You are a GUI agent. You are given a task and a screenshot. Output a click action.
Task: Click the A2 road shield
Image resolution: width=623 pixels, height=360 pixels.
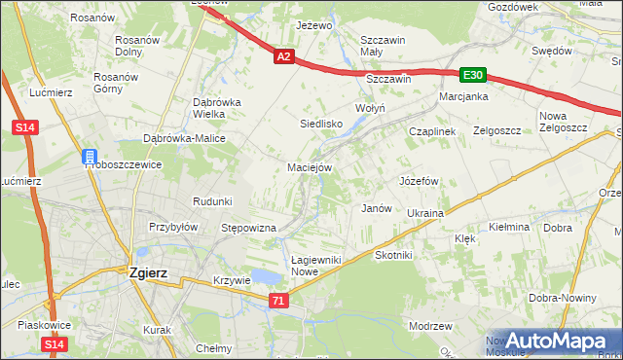[x=283, y=57]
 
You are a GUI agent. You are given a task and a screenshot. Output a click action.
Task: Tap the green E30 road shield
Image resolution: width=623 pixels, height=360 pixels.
[x=473, y=75]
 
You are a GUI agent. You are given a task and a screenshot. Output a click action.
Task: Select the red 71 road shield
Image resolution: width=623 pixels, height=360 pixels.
[x=279, y=302]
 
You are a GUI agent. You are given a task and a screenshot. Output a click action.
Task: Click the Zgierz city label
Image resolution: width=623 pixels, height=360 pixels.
[x=148, y=273]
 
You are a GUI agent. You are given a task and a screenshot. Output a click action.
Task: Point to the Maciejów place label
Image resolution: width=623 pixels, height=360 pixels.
[x=311, y=167]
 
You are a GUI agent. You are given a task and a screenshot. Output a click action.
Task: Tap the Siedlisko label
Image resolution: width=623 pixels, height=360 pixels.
[x=320, y=124]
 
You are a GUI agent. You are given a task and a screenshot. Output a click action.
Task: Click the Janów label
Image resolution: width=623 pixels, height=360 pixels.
[x=376, y=208]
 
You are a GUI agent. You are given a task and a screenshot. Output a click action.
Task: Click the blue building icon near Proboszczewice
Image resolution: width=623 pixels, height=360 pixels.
[x=89, y=157]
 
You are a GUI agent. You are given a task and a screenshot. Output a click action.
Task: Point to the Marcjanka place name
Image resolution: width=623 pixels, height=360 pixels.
[x=462, y=96]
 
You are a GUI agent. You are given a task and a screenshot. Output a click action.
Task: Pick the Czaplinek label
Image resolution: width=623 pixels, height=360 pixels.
[x=432, y=130]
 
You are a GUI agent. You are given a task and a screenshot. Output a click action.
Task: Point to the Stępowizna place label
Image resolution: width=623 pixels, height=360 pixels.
[x=249, y=228]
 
